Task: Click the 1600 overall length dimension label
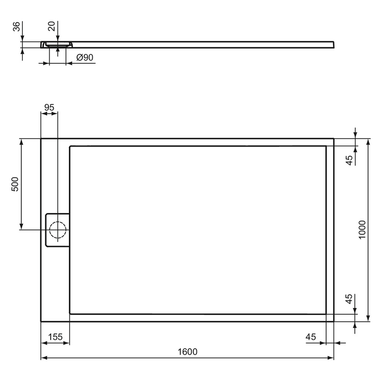point(187,352)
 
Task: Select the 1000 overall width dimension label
point(362,229)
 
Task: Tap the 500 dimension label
point(15,184)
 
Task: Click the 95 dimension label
point(49,108)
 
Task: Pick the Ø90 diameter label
point(85,57)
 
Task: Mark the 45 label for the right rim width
point(311,337)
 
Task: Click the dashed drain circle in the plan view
point(57,230)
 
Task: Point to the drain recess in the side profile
point(57,45)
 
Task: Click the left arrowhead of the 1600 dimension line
point(43,358)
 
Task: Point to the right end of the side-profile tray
point(333,44)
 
